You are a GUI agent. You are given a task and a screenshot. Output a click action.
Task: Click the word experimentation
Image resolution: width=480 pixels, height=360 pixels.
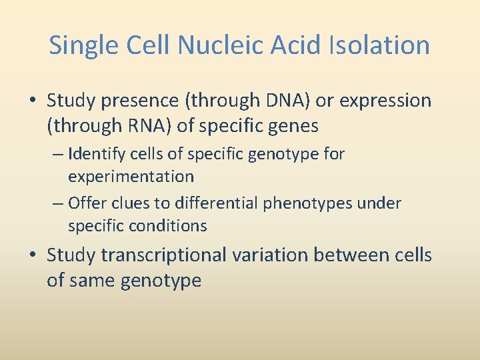tap(131, 177)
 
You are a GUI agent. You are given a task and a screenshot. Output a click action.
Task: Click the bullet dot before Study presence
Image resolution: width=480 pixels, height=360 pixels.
tap(33, 101)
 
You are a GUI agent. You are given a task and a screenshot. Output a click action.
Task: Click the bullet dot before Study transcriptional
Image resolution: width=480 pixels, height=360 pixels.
tap(33, 256)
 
